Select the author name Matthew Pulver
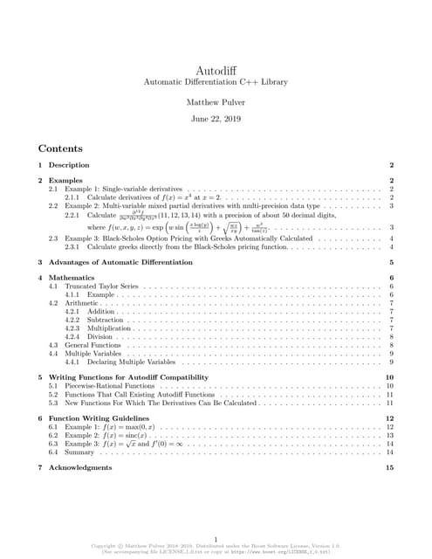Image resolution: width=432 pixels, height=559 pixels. pos(215,102)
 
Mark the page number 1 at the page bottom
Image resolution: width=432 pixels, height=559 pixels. pos(215,540)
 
